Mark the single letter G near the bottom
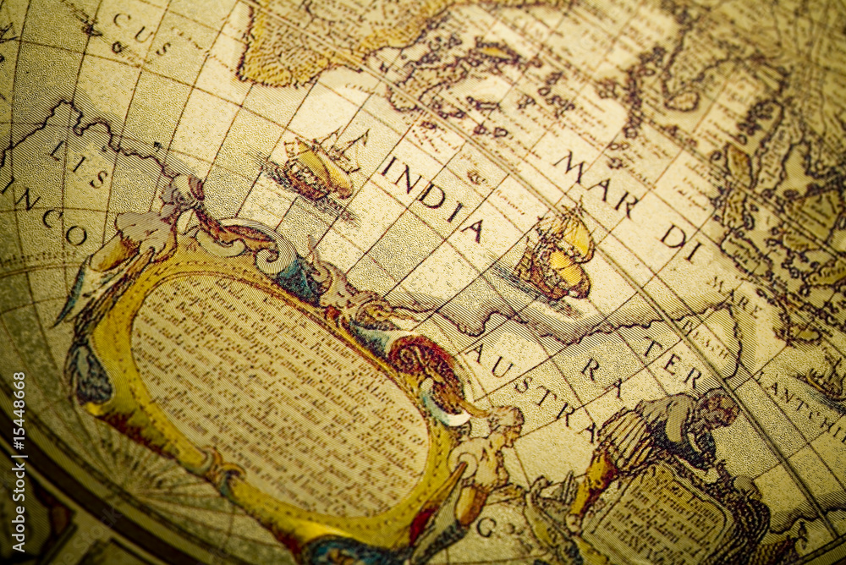pos(486,526)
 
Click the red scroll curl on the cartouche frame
pos(427,359)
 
